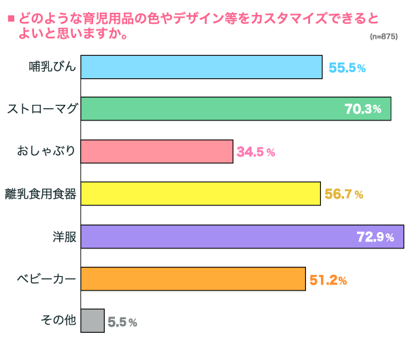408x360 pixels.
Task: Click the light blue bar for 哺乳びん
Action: point(201,67)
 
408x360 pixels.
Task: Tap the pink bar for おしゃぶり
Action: point(157,152)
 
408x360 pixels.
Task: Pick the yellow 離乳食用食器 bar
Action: point(201,194)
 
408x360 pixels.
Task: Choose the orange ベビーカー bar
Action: point(193,279)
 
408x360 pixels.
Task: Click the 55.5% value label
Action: point(347,68)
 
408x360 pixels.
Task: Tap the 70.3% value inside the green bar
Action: point(368,110)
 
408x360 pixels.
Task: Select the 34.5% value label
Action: point(256,152)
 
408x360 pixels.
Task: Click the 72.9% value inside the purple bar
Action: point(375,238)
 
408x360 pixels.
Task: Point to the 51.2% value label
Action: point(328,280)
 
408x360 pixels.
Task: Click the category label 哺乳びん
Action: point(52,67)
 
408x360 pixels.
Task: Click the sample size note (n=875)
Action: point(384,36)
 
